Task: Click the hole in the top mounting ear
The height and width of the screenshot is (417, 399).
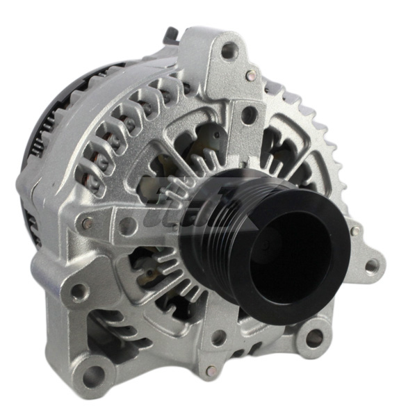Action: pos(228,49)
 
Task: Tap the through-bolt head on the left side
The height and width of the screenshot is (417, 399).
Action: pos(87,224)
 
